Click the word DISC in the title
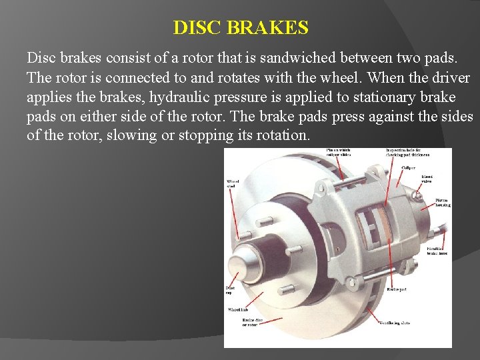click(x=197, y=28)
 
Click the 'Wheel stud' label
click(x=233, y=183)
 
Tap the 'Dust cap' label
click(x=229, y=290)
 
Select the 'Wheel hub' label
click(x=238, y=310)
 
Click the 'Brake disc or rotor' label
click(x=253, y=322)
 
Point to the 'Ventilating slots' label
click(x=395, y=323)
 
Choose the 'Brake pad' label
click(x=397, y=289)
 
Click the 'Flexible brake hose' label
click(x=438, y=251)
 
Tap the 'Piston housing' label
click(x=442, y=202)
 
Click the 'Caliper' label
click(x=409, y=168)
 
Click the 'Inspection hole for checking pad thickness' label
click(x=407, y=153)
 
